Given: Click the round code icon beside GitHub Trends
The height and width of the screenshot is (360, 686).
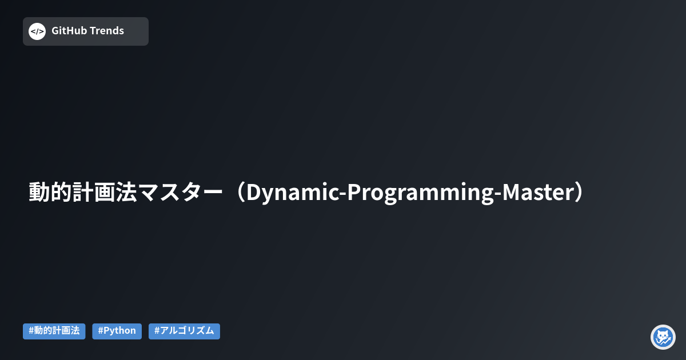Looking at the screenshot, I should coord(37,31).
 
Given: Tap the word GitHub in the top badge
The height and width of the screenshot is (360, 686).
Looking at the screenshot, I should coord(68,31).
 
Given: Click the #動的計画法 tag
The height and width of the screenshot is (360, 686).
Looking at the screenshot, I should coord(54,331).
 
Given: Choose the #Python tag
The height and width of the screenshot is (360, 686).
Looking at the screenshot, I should coord(117,331).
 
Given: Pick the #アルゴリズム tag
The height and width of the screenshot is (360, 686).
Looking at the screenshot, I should coord(184,331).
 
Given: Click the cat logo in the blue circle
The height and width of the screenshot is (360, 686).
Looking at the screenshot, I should coord(663,337).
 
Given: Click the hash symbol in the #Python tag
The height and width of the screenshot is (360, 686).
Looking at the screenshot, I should coord(101,331).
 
